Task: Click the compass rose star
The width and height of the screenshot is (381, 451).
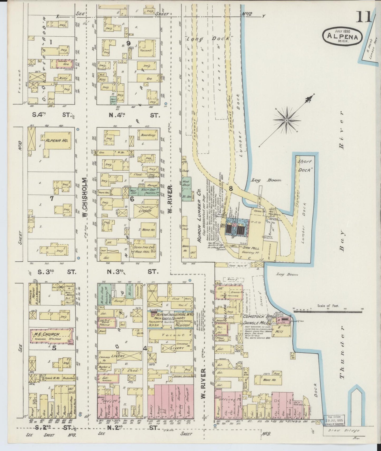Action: pos(286,121)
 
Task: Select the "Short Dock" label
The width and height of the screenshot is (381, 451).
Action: pos(304,166)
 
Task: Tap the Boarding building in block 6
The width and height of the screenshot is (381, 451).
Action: pos(148,135)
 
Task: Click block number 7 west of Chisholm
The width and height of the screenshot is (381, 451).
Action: pos(52,198)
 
